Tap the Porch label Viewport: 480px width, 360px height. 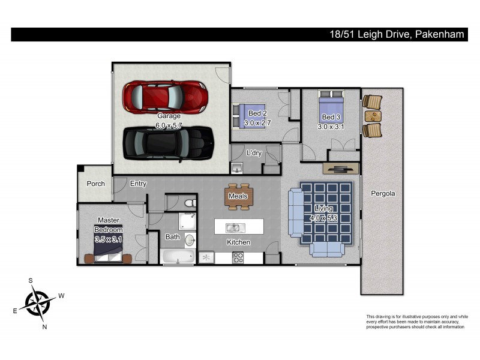point(96,184)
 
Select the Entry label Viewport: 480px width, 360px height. point(138,184)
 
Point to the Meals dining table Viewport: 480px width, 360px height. point(238,196)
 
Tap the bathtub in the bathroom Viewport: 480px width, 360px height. point(178,257)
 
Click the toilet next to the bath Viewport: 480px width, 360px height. point(188,202)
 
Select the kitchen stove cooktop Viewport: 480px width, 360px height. point(238,258)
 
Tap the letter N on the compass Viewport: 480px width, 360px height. point(44,327)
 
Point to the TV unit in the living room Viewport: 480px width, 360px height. point(340,169)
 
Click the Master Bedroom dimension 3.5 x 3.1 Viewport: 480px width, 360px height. point(108,239)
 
